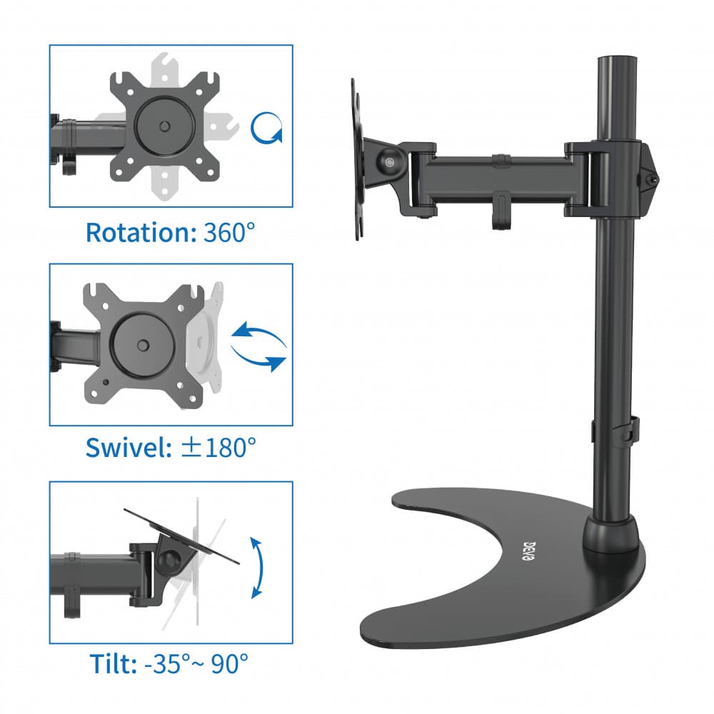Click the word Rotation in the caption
pos(140,233)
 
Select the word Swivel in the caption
pos(129,448)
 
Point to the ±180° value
pos(218,448)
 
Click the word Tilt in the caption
pos(114,663)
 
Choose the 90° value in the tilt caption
pos(229,663)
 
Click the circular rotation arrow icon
pos(266,128)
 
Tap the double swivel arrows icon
pos(258,346)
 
